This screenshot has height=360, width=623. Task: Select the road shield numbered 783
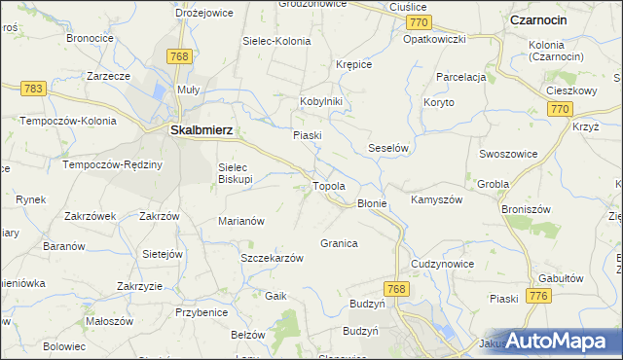pyautogui.click(x=33, y=89)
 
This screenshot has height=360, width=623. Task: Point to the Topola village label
pyautogui.click(x=329, y=186)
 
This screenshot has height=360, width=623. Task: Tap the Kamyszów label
pyautogui.click(x=435, y=199)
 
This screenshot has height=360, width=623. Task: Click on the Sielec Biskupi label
pyautogui.click(x=236, y=173)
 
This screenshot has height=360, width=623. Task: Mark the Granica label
pyautogui.click(x=339, y=243)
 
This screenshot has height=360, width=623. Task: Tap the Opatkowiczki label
pyautogui.click(x=434, y=39)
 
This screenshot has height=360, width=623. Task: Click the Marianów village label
pyautogui.click(x=241, y=221)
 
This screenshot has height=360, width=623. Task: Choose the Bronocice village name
pyautogui.click(x=90, y=38)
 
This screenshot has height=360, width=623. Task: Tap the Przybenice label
pyautogui.click(x=201, y=312)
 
